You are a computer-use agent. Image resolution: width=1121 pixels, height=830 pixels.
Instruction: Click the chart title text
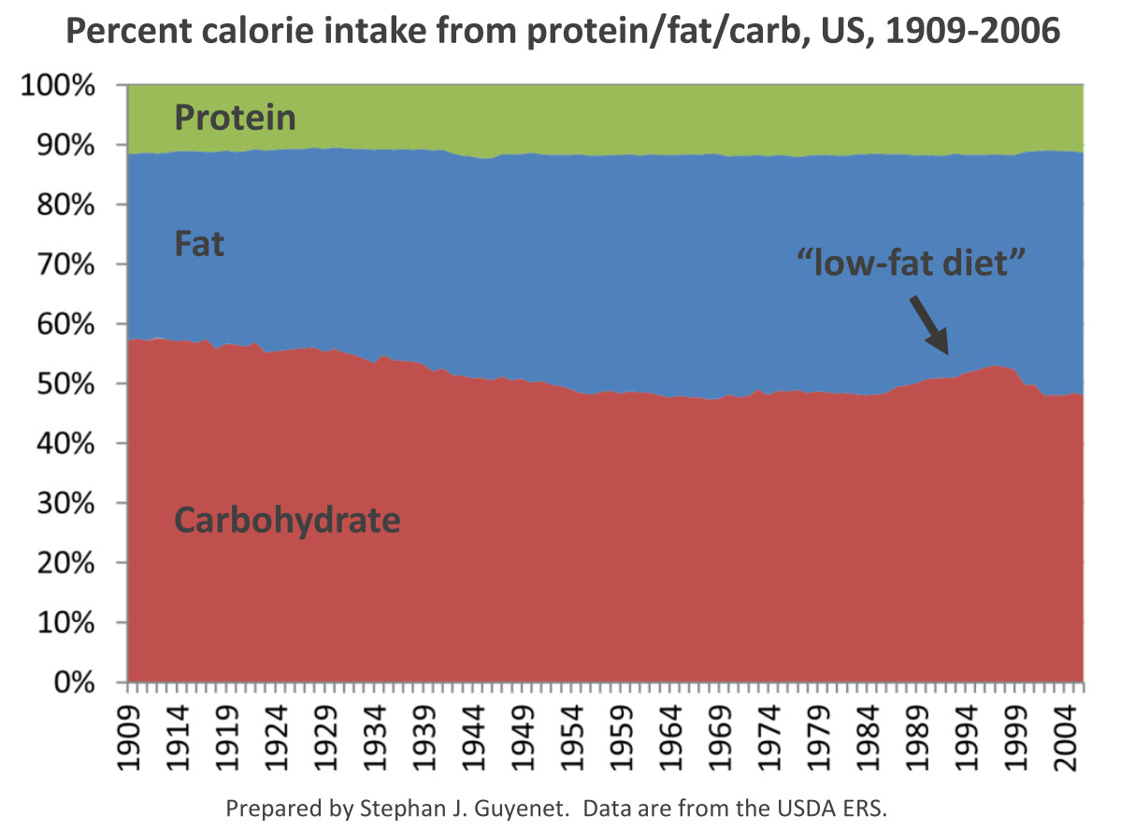point(563,32)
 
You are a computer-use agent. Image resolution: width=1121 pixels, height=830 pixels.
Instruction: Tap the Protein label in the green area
point(236,117)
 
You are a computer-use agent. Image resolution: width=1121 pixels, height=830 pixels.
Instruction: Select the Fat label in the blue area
point(199,244)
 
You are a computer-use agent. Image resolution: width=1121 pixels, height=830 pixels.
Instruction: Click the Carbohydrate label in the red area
point(287,521)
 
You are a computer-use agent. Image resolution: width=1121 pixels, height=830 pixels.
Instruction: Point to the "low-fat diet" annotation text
point(912,263)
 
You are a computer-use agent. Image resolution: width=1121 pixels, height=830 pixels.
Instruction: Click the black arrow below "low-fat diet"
point(929,326)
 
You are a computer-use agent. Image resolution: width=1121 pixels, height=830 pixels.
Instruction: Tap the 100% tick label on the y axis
point(57,85)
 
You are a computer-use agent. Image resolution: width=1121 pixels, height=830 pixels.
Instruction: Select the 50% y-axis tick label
point(65,384)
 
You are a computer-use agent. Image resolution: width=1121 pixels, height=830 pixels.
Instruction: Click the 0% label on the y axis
point(75,682)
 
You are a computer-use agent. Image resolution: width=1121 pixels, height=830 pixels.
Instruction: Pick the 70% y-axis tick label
point(65,265)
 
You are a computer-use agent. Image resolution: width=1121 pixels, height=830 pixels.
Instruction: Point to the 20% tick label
point(65,564)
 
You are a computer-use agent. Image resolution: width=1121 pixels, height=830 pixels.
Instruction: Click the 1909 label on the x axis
point(129,737)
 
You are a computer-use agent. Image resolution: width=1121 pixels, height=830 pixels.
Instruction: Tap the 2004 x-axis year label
point(1065,737)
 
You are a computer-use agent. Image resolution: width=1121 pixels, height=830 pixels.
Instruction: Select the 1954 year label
point(572,737)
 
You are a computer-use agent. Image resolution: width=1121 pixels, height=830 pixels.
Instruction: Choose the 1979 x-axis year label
point(819,737)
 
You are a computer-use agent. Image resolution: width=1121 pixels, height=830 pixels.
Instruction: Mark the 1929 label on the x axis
point(326,737)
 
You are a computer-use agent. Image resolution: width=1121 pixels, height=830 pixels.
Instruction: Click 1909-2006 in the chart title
point(972,31)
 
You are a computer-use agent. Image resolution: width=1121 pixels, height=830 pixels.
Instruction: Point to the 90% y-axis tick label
point(65,145)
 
